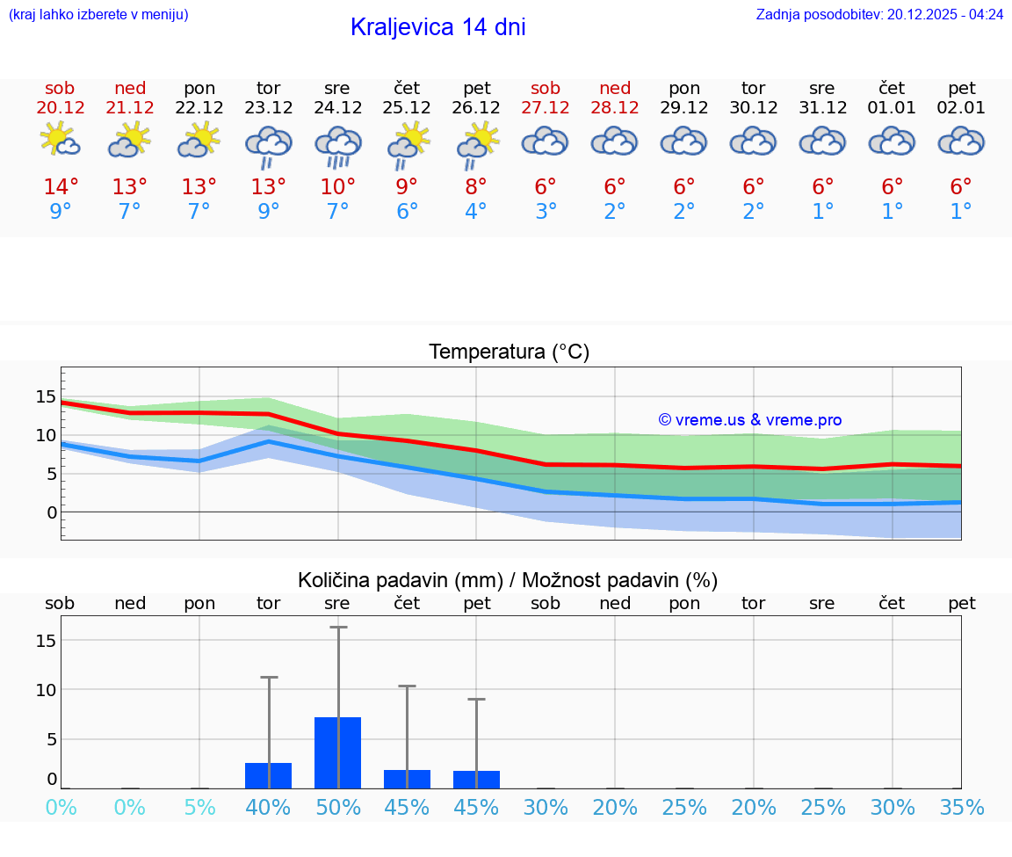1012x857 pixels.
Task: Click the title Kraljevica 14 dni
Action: point(437,27)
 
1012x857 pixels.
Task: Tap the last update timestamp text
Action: point(879,14)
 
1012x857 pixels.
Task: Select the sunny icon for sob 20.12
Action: point(60,140)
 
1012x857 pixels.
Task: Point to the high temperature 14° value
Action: point(61,187)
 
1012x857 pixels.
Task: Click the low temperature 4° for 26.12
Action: point(476,212)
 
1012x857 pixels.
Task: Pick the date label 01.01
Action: point(892,108)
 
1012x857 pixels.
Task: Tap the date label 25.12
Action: point(407,108)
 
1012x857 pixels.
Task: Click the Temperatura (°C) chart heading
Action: point(509,352)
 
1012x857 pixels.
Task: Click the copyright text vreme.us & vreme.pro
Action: point(750,420)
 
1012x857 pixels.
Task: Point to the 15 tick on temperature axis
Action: point(46,396)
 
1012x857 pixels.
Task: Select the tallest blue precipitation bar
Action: point(338,752)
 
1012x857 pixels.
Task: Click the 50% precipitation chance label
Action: point(338,807)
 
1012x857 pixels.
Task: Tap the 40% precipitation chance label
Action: point(268,807)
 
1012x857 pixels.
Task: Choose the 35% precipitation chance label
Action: point(961,807)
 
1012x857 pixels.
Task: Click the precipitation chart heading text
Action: point(508,580)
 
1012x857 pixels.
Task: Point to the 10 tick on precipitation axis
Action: point(46,690)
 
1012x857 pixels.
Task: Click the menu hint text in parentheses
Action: point(98,14)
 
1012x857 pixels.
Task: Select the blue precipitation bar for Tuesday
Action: point(268,775)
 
